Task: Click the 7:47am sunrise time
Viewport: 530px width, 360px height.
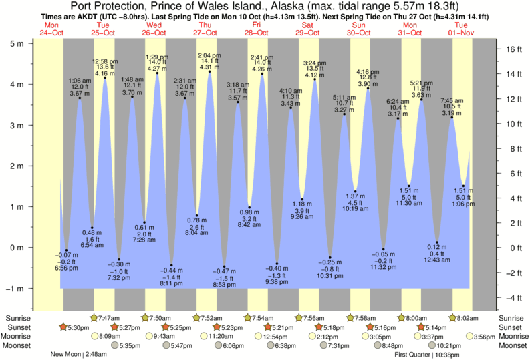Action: click(x=110, y=317)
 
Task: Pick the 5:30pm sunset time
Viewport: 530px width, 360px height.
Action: click(x=74, y=327)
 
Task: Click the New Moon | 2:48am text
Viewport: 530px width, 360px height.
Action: click(x=79, y=355)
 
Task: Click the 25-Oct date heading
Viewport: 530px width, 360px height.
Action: click(x=103, y=33)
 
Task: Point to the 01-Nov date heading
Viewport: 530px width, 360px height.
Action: click(x=461, y=33)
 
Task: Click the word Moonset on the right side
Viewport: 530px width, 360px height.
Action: click(x=513, y=346)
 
